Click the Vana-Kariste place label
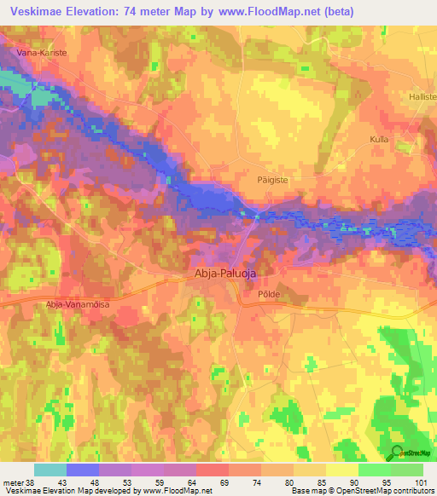coord(42,52)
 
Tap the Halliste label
coord(422,98)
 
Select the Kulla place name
coord(379,138)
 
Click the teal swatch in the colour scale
coord(50,470)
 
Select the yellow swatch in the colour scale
coord(341,470)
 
